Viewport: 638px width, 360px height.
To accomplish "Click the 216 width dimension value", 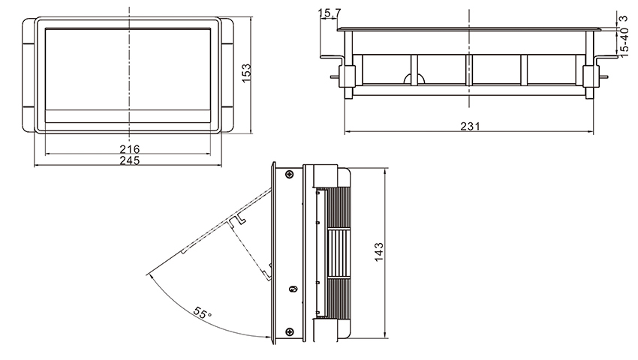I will pyautogui.click(x=129, y=149).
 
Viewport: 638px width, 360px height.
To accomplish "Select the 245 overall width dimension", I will pyautogui.click(x=129, y=160).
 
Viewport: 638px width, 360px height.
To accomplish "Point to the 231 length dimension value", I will pyautogui.click(x=469, y=126).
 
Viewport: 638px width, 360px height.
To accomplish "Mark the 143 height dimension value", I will pyautogui.click(x=379, y=250).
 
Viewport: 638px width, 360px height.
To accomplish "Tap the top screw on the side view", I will pyautogui.click(x=290, y=175).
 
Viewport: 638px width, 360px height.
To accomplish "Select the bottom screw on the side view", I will pyautogui.click(x=290, y=331).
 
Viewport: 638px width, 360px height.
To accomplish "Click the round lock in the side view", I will pyautogui.click(x=294, y=288).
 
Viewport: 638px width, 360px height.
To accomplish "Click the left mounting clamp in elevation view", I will pyautogui.click(x=348, y=76).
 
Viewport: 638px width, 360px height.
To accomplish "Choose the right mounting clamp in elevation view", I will pyautogui.click(x=590, y=76).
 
